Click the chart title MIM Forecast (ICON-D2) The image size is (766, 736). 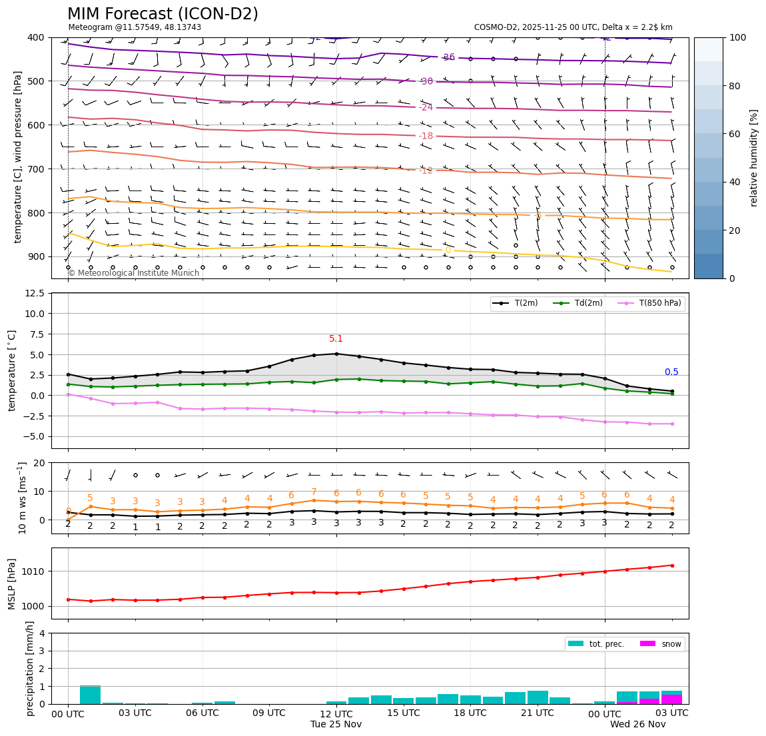[163, 14]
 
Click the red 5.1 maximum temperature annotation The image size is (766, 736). [336, 339]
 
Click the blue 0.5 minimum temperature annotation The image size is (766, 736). [671, 372]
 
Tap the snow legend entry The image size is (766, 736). [661, 644]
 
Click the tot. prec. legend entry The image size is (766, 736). [595, 644]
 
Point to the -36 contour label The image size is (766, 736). [448, 57]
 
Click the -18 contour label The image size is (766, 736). [426, 136]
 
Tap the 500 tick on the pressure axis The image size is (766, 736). [35, 81]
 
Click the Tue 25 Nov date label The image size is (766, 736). [336, 725]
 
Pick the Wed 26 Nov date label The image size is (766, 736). [637, 725]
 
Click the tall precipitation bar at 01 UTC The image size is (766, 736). [90, 694]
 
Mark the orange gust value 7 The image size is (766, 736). [314, 492]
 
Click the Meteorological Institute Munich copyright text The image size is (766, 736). [134, 273]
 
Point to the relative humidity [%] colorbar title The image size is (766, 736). [754, 158]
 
